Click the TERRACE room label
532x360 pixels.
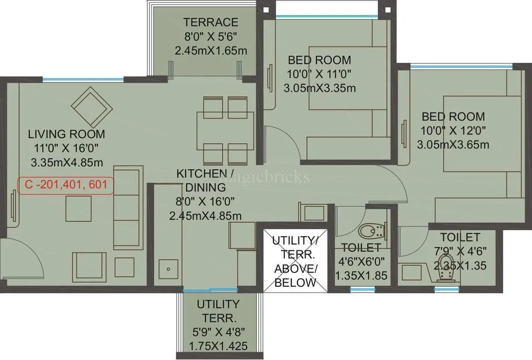click(210, 22)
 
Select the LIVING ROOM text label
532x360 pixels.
click(66, 134)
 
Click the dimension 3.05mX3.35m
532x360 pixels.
click(319, 87)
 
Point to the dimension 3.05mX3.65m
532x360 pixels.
click(453, 144)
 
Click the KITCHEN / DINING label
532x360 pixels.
click(205, 180)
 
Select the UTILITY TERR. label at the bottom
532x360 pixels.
click(217, 311)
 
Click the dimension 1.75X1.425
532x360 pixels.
click(217, 347)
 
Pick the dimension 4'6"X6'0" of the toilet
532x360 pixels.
click(361, 262)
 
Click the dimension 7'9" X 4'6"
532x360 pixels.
click(460, 252)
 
